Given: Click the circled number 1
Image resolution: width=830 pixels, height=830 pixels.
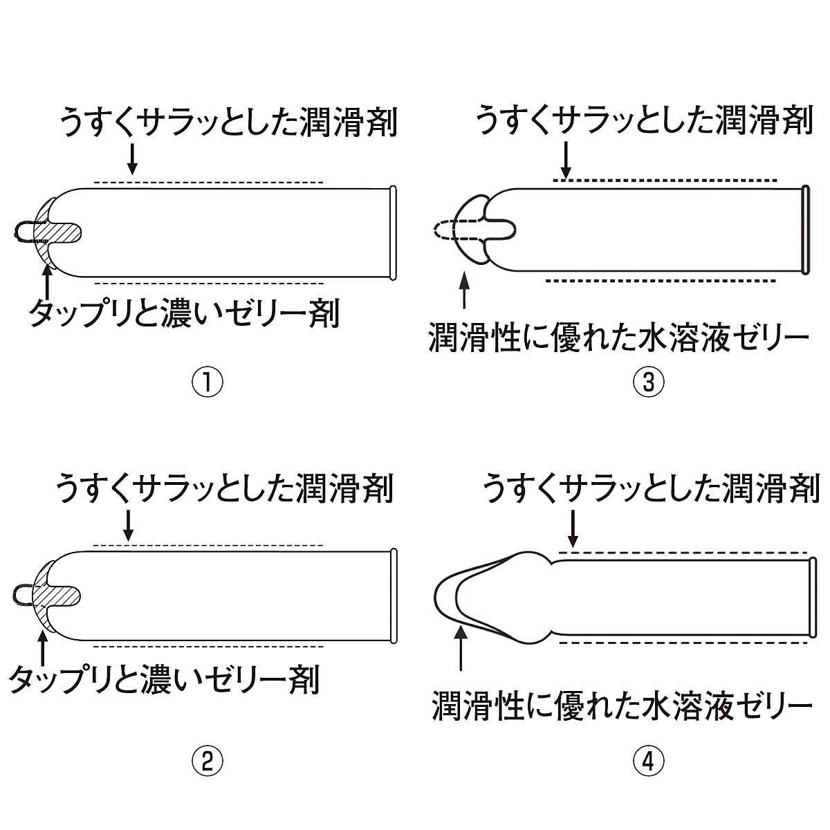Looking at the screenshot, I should pos(207,382).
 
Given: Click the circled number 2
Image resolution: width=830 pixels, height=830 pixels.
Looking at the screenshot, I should pos(207,762).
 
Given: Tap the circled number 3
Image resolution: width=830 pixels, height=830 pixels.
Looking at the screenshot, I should pos(648,382).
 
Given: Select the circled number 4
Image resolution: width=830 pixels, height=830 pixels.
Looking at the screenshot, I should pos(648,762).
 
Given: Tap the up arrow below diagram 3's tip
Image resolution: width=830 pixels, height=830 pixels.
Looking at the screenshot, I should pos(464,290).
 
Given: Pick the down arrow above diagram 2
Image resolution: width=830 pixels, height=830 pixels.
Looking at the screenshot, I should pos(128,526).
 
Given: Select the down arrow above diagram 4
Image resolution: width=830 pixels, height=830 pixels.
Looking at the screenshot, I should pos(572,529).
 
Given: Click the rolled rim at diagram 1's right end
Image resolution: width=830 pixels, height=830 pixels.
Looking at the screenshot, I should pos(394,232).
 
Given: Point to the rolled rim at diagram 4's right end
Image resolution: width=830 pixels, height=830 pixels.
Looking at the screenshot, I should pos(810,597).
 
